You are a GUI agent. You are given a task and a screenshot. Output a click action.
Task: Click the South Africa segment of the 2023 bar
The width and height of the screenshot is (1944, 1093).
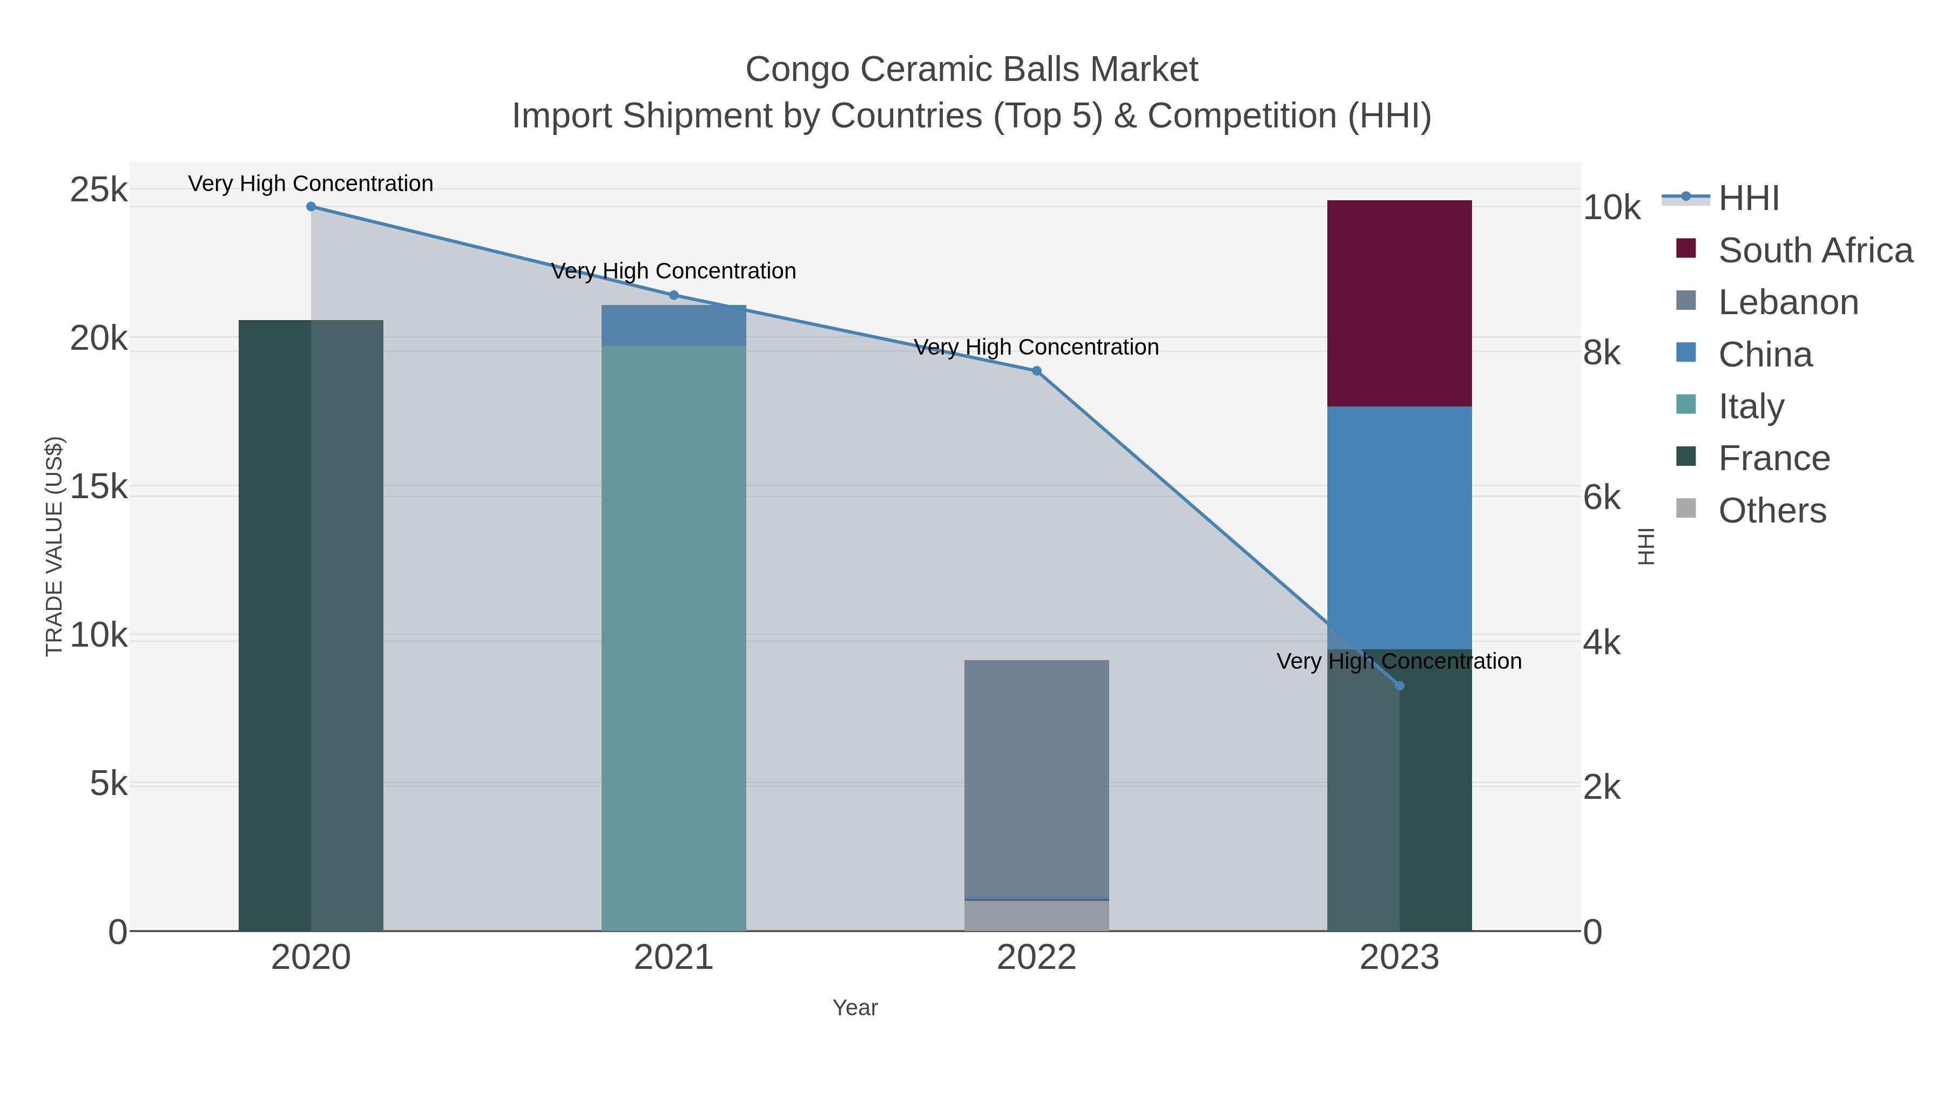[x=1399, y=303]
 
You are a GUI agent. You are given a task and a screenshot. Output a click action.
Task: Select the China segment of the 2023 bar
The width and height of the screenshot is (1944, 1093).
[x=1399, y=527]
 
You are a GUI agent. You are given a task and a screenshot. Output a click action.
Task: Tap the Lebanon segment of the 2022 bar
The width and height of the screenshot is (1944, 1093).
[x=1036, y=777]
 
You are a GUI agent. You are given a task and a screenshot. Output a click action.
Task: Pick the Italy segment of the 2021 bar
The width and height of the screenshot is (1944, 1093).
[x=673, y=637]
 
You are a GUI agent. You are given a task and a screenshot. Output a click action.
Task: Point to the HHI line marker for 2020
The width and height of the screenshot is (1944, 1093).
[x=311, y=206]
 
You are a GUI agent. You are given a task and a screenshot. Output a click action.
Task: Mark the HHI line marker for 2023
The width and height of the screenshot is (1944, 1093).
[x=1399, y=685]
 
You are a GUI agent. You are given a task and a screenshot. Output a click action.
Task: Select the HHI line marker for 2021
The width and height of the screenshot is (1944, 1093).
[x=673, y=295]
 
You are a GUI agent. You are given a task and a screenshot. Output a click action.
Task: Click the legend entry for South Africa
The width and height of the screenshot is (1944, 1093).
[x=1815, y=250]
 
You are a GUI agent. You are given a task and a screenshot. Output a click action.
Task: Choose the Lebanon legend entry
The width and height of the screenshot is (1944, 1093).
[x=1788, y=302]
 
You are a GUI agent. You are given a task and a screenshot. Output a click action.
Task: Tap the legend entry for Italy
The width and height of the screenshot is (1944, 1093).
[x=1751, y=406]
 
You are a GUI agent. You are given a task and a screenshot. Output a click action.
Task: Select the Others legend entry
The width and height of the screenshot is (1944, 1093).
[x=1772, y=511]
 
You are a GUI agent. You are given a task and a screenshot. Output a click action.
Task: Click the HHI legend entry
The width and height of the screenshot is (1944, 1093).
[x=1749, y=199]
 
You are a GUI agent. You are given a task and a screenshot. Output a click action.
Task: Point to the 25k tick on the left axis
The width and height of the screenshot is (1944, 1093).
[x=99, y=189]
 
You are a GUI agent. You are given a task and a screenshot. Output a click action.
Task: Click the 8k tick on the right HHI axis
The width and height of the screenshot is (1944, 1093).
[x=1602, y=352]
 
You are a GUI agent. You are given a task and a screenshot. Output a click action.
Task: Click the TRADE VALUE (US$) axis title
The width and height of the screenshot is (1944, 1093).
[x=55, y=546]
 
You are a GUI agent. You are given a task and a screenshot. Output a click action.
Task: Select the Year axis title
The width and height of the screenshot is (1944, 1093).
[x=855, y=1008]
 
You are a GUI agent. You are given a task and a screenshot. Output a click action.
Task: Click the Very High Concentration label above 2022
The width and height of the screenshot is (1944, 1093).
[x=1036, y=347]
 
